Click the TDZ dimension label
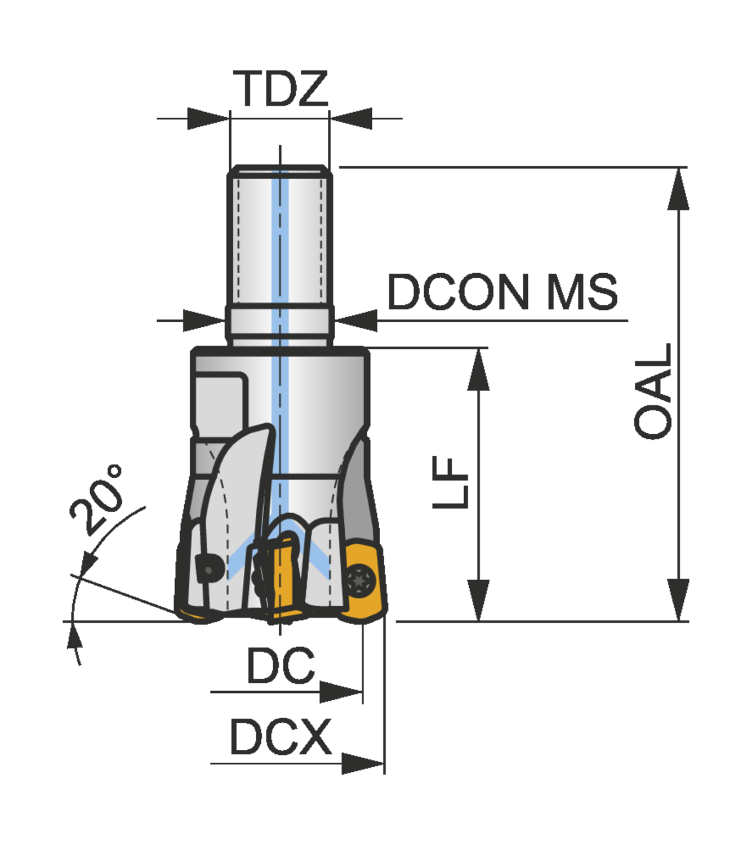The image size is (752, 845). pyautogui.click(x=281, y=88)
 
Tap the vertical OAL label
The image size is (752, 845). pyautogui.click(x=653, y=391)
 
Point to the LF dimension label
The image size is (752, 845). pyautogui.click(x=451, y=482)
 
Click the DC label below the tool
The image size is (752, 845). pyautogui.click(x=281, y=666)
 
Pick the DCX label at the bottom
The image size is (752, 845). pyautogui.click(x=281, y=737)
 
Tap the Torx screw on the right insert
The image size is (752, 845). pyautogui.click(x=359, y=580)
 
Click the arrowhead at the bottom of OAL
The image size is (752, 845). pyautogui.click(x=678, y=600)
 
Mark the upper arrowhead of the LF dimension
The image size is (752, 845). pyautogui.click(x=478, y=370)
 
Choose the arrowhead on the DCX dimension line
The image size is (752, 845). pyautogui.click(x=362, y=764)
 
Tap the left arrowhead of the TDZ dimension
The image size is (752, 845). pyautogui.click(x=208, y=118)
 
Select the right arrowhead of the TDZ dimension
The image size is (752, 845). pyautogui.click(x=351, y=118)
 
